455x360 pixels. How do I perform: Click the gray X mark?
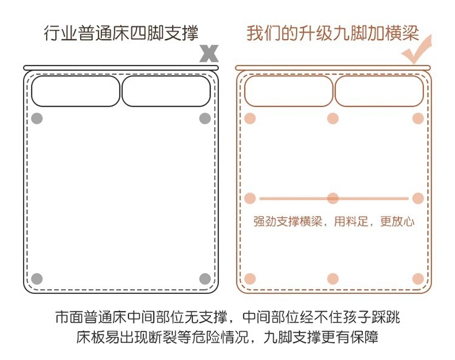(x=209, y=53)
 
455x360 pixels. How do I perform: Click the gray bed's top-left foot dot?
(x=37, y=118)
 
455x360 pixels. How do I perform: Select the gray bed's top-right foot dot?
(x=205, y=118)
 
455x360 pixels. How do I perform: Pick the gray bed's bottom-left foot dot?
(x=37, y=279)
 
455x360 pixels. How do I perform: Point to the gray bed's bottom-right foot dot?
(x=205, y=279)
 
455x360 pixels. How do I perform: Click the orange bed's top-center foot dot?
(x=332, y=118)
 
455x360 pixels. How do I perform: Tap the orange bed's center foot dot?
(x=332, y=198)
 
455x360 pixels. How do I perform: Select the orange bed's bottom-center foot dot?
(x=332, y=279)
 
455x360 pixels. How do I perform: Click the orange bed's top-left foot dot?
(x=250, y=118)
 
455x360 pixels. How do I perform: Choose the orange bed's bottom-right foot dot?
(x=417, y=279)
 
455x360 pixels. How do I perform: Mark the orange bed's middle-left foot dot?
(x=250, y=198)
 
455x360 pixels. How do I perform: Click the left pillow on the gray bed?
(x=76, y=91)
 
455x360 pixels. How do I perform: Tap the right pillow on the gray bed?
(x=166, y=91)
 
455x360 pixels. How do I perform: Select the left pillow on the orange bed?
(x=289, y=91)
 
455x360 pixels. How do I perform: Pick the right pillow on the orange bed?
(x=378, y=91)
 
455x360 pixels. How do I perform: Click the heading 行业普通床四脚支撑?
(x=121, y=33)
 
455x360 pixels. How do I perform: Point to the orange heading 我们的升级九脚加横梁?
(x=332, y=33)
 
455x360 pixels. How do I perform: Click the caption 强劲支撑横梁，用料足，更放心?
(x=334, y=222)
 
